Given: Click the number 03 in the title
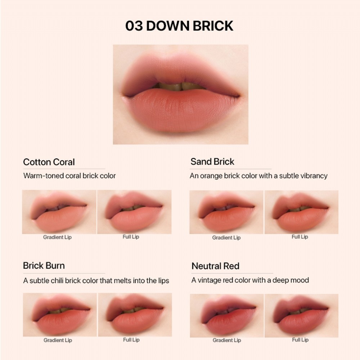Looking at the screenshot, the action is (x=134, y=26).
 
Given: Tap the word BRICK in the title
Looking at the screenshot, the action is (x=213, y=26).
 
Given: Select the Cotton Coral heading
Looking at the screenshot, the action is (x=49, y=162).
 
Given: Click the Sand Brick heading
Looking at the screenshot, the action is (x=212, y=162).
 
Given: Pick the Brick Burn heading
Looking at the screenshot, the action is (x=44, y=266).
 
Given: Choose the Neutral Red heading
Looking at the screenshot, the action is (x=215, y=266).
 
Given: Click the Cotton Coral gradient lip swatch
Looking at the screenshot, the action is (x=59, y=212).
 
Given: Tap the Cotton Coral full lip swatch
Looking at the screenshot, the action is (x=134, y=212).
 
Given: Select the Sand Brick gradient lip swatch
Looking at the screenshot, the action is (x=226, y=212).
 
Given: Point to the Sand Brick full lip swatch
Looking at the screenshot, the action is (x=301, y=212).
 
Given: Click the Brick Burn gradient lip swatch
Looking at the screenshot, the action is (x=60, y=315).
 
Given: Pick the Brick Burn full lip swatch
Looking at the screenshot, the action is (x=135, y=315).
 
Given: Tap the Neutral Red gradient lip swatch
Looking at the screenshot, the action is (x=227, y=316).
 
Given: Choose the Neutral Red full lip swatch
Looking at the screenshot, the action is (x=301, y=316).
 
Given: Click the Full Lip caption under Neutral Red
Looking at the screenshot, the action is (x=300, y=340).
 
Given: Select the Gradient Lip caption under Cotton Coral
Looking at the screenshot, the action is (x=57, y=237).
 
